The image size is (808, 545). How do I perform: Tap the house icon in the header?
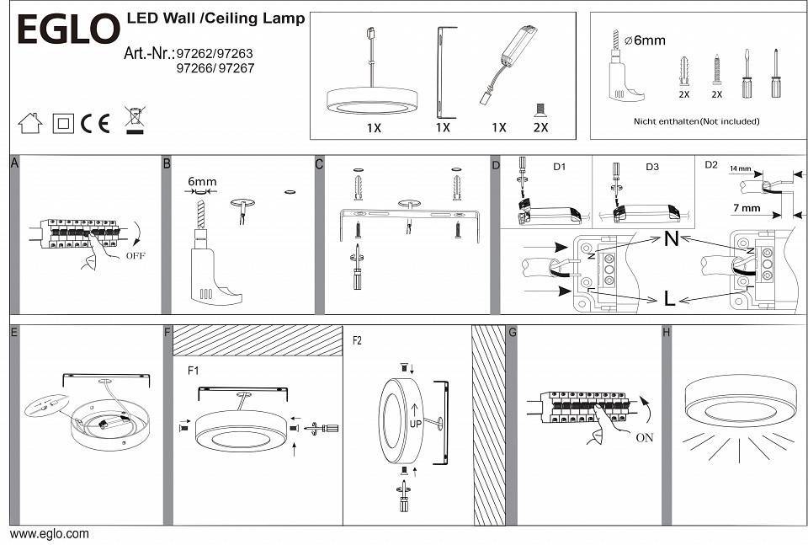coord(30,124)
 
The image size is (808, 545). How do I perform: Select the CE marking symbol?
coord(96,124)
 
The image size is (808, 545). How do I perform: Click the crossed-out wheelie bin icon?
coord(133,120)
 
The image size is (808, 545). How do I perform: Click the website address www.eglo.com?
coord(49,534)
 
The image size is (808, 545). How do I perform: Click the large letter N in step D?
coord(671,239)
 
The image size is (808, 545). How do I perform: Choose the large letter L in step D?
coord(669,297)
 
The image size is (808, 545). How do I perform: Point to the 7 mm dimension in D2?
coord(746,208)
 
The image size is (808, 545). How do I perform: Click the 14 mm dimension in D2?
coord(740,169)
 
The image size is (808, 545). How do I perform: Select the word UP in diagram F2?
coord(416,425)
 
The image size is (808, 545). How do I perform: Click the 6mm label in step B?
coord(202,182)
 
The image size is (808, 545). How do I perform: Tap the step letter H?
coord(667,333)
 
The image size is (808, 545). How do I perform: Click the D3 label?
coord(652,167)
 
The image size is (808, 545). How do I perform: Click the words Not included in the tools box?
coord(731,121)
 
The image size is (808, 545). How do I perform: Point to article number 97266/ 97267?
coord(214,69)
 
